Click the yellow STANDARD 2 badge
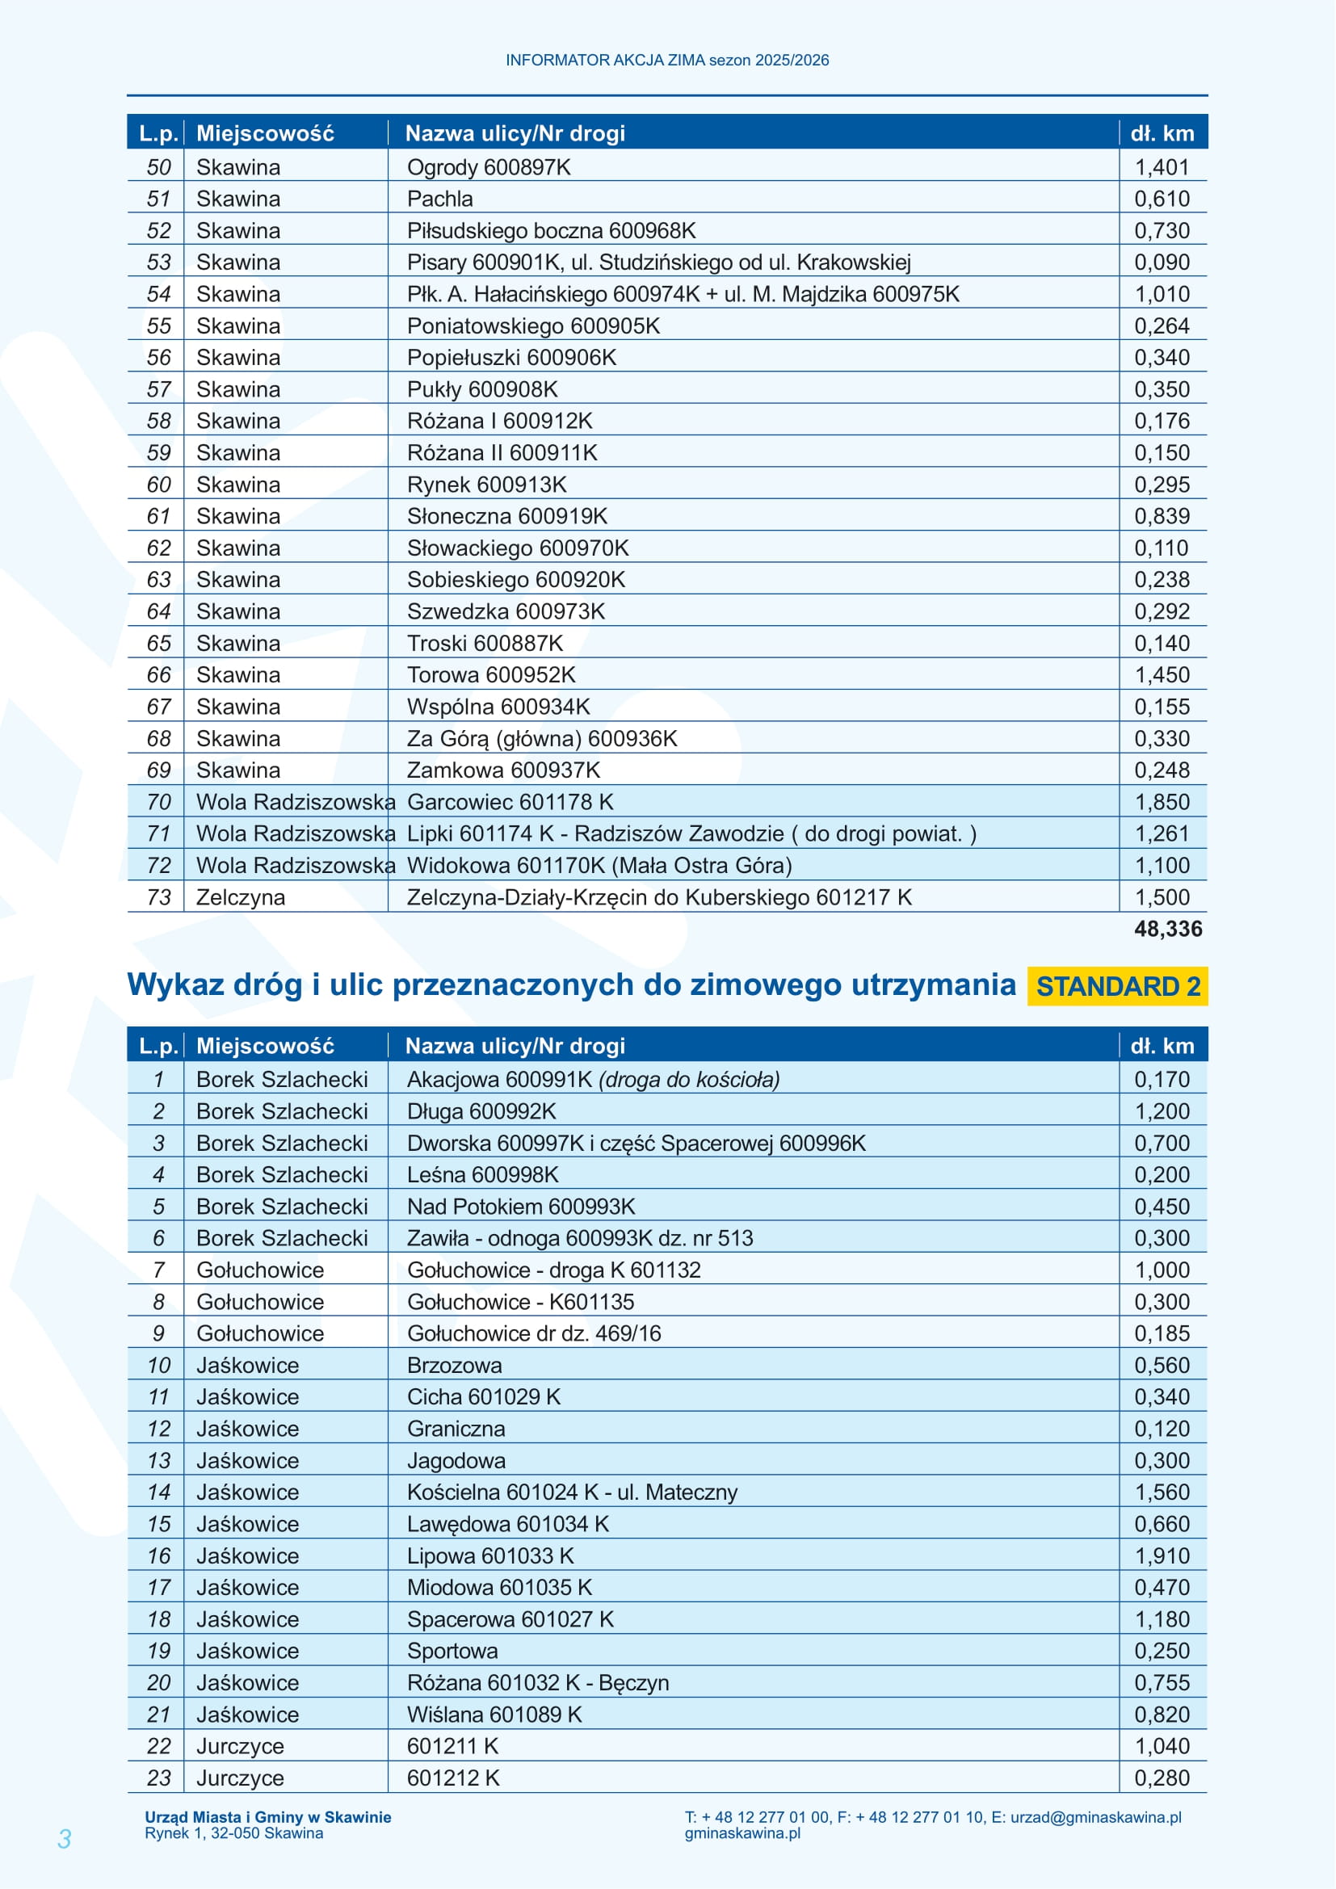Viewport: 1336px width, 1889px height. [1117, 985]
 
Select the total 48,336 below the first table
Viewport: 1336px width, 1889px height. [1167, 929]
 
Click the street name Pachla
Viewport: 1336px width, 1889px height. [440, 199]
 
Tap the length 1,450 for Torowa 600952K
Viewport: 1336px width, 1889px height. [1162, 674]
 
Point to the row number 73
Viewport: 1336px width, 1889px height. [159, 896]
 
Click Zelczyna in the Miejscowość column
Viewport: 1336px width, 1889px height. [240, 896]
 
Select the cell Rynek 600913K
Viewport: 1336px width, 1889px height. [486, 485]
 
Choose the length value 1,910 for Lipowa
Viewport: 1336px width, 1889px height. [1162, 1555]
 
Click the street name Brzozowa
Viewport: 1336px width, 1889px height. [454, 1365]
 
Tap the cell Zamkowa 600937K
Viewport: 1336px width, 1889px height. [503, 770]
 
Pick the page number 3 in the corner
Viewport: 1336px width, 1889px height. [64, 1839]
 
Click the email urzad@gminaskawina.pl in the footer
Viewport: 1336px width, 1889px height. [1095, 1817]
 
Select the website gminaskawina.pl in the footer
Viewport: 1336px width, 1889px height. [742, 1833]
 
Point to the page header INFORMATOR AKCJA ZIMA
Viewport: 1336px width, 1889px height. [667, 60]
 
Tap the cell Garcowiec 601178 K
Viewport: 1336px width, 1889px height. [510, 802]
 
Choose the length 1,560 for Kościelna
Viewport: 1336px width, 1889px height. [1162, 1492]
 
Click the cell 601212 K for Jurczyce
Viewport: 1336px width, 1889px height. [453, 1778]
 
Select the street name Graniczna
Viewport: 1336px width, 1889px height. [456, 1429]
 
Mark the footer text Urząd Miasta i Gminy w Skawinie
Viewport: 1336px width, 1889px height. [268, 1816]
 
